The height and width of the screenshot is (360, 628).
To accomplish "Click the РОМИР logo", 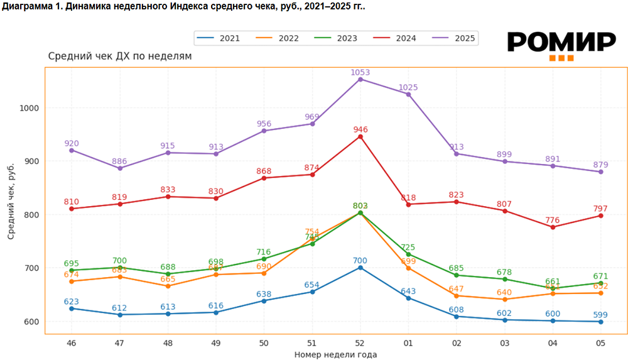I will tap(561, 44).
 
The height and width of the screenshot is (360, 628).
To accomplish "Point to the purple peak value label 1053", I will tap(360, 72).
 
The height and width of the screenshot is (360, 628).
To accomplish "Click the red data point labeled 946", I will tap(360, 136).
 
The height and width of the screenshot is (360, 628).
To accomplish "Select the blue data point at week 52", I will tap(360, 268).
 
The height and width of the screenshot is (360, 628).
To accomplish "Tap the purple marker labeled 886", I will tap(119, 168).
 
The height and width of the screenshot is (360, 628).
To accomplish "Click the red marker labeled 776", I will tap(553, 227).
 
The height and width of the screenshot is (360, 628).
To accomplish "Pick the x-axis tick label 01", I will tap(408, 343).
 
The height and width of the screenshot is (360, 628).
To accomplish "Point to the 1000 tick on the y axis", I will tap(29, 108).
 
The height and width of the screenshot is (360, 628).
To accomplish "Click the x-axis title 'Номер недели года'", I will tap(335, 354).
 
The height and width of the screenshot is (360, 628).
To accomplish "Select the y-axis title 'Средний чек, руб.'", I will tap(11, 202).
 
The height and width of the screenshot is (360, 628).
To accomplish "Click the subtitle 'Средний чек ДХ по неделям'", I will tap(120, 56).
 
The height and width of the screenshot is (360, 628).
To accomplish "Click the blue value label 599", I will tap(601, 315).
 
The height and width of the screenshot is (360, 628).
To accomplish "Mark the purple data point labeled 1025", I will tap(408, 94).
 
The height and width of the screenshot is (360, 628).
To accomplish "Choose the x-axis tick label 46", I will tap(71, 343).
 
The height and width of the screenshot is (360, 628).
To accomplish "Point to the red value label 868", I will tap(264, 171).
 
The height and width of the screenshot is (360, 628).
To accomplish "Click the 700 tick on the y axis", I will tap(31, 268).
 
